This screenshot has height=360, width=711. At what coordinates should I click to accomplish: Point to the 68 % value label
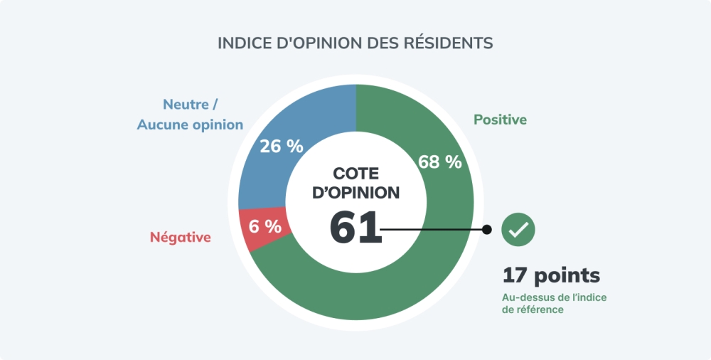(440, 162)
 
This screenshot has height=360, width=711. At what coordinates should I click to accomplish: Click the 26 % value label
(282, 147)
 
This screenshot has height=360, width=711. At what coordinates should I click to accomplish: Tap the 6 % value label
(265, 227)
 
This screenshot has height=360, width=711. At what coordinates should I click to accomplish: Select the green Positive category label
(501, 120)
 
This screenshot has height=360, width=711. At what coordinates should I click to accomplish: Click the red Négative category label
(181, 238)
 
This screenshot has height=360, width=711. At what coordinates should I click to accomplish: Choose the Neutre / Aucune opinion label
(190, 115)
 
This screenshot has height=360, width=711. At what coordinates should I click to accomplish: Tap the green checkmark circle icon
(518, 229)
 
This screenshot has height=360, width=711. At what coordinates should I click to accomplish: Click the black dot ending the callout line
(487, 229)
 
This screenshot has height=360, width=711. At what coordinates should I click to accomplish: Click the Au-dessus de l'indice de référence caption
(548, 303)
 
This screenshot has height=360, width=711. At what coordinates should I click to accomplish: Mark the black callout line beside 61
(434, 229)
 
